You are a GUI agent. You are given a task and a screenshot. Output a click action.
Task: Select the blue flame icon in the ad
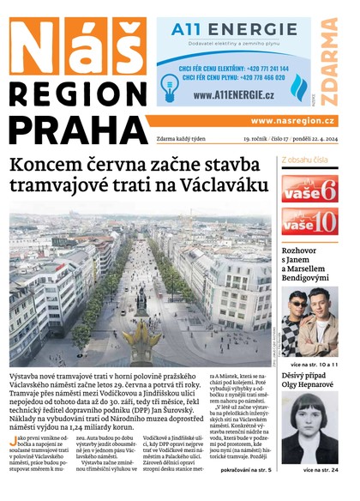point(298,87)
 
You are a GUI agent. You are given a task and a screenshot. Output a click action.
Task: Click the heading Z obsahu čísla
point(306,160)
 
